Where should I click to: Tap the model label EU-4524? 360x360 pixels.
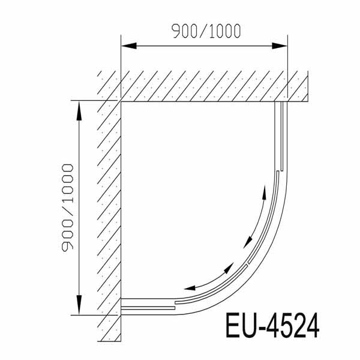pos(272,327)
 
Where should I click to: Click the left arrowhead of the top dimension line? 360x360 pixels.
pos(126,45)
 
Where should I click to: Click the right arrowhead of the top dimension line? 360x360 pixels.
pos(283,45)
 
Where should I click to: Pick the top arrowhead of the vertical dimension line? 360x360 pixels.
pos(77,106)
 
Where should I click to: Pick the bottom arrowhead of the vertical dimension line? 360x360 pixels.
pos(77,308)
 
